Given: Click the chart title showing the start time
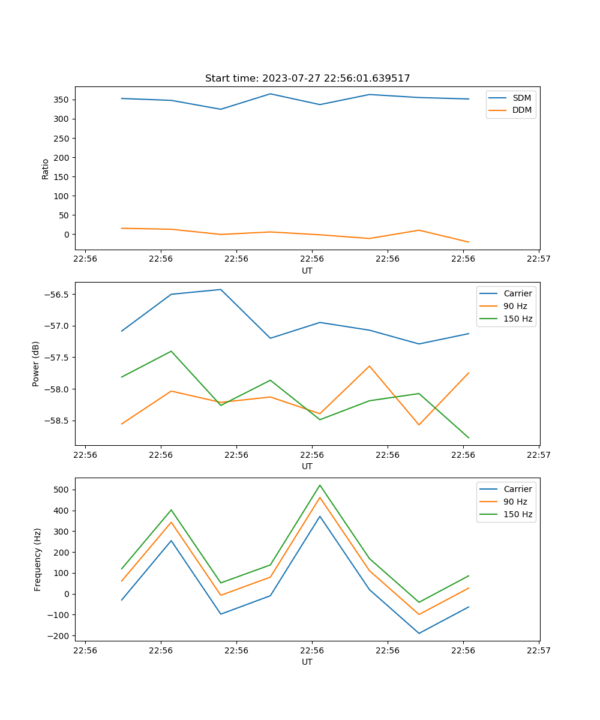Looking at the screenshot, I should coord(307,79).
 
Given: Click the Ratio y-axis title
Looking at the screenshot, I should coord(46,169).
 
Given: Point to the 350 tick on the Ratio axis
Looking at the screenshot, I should coord(62,100).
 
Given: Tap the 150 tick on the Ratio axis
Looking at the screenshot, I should coord(62,177).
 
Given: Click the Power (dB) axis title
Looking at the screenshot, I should coord(36,364).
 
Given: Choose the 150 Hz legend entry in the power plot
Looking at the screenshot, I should coord(518,319).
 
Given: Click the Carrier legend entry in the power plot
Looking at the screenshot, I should coord(517,293).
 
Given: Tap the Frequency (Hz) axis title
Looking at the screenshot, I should coord(38,559).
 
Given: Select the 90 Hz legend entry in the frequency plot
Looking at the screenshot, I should coord(515,502).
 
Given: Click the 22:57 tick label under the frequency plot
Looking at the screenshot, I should coord(538,650).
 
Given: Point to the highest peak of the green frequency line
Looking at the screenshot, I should coord(320,485).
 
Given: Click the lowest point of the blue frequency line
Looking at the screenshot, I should coord(419,633).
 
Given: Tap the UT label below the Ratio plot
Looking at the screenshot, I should coord(307,271).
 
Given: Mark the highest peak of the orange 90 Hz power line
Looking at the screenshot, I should coord(370,366).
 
